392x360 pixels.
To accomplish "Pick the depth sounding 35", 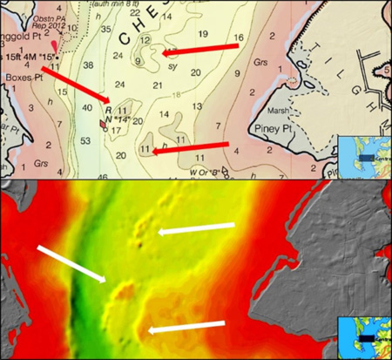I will [x=105, y=30].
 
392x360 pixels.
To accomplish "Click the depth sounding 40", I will [x=85, y=106].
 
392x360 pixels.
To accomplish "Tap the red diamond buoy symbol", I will [x=104, y=124].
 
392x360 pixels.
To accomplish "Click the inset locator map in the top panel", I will [x=363, y=155].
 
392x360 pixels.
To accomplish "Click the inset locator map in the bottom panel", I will [x=363, y=335].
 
